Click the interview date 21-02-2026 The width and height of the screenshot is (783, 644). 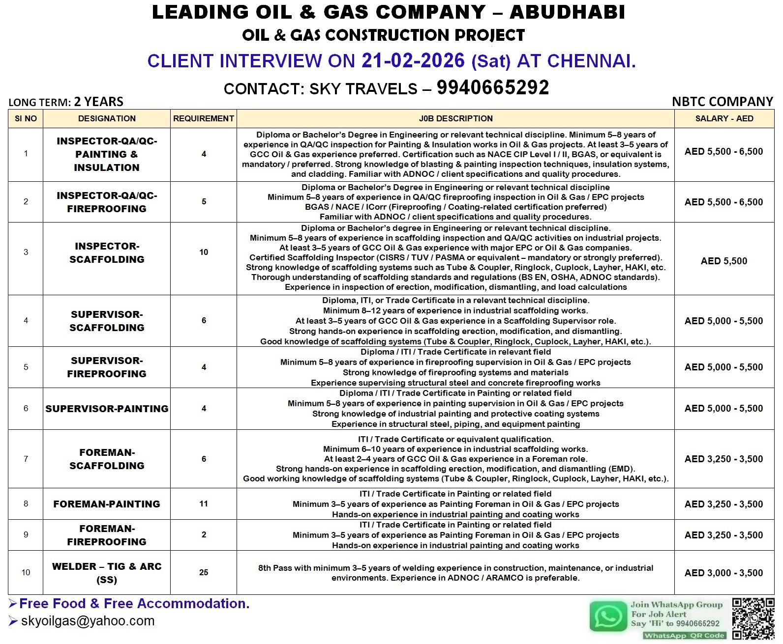(x=413, y=60)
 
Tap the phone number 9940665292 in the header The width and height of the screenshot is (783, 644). (x=493, y=88)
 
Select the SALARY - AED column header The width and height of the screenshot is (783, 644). (x=724, y=118)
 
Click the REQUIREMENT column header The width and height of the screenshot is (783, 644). (x=204, y=118)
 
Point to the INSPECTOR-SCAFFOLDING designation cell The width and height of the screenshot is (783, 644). (x=107, y=252)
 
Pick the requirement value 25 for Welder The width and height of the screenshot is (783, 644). (x=204, y=572)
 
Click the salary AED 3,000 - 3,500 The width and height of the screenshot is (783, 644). (x=724, y=573)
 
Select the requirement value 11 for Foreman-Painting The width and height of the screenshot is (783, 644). (x=204, y=504)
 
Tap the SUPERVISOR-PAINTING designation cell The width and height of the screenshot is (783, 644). (x=107, y=409)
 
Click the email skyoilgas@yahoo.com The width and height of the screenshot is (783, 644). (x=88, y=621)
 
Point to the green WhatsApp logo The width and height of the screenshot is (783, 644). (x=608, y=616)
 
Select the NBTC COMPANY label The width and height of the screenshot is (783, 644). (x=723, y=102)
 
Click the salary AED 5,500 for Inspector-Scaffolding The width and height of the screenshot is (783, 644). (x=724, y=261)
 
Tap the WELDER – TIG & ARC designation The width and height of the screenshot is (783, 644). (x=107, y=573)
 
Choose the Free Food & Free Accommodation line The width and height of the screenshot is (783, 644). (x=134, y=603)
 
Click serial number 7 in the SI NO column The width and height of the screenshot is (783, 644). (x=26, y=459)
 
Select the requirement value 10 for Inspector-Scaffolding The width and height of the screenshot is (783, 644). (x=204, y=252)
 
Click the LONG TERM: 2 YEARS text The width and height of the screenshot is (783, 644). (x=66, y=102)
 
